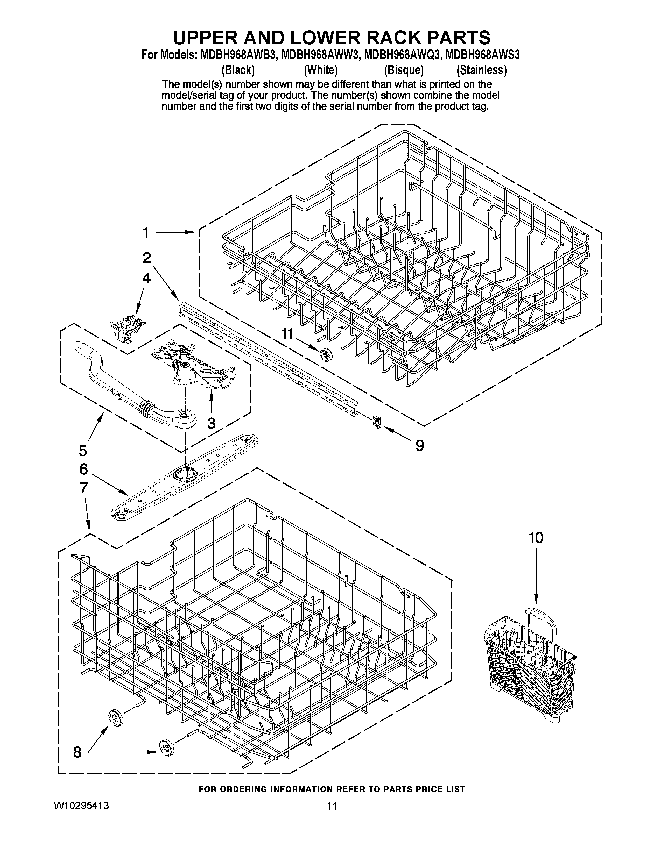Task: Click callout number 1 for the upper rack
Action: (146, 233)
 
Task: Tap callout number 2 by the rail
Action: (146, 258)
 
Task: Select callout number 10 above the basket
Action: (536, 538)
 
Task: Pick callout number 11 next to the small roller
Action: (287, 333)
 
